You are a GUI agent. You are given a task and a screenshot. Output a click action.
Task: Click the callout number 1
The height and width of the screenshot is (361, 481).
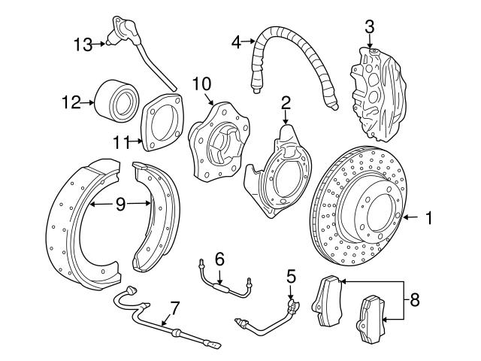(429, 218)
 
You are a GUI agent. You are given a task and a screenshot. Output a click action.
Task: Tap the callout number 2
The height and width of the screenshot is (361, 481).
(286, 102)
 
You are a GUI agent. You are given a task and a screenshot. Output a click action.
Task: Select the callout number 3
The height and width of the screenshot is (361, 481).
(369, 28)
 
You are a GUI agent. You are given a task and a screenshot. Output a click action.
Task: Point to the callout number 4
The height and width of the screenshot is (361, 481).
(237, 42)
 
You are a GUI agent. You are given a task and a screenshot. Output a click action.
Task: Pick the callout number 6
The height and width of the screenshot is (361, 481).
(219, 259)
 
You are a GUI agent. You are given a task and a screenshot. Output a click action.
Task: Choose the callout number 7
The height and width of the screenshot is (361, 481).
(174, 308)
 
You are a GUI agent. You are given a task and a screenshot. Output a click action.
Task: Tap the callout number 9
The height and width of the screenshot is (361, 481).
(121, 203)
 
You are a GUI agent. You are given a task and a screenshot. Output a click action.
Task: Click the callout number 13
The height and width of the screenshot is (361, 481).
(83, 44)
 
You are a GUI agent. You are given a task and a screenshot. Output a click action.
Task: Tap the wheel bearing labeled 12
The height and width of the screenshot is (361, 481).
(116, 100)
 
